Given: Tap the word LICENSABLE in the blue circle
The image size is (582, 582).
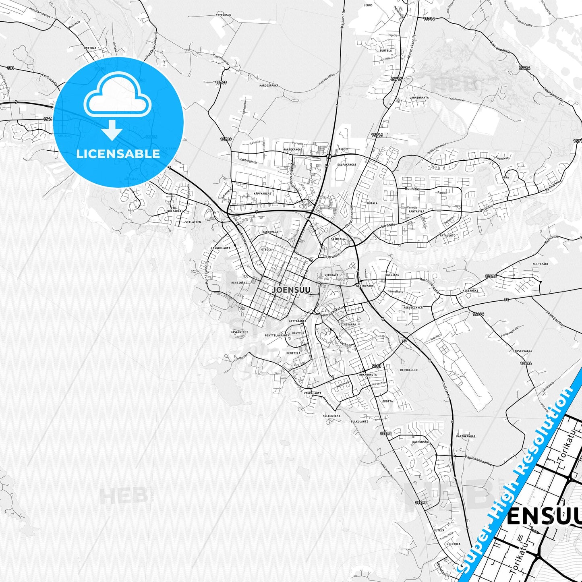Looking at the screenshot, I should (118, 154).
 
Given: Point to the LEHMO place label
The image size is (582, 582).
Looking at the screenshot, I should (368, 5).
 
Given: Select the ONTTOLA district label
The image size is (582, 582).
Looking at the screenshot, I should (90, 48).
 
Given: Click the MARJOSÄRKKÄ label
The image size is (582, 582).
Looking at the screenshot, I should (269, 85).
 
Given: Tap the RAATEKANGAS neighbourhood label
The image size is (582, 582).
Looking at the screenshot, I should (293, 149).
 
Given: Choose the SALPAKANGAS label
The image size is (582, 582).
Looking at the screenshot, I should (347, 165).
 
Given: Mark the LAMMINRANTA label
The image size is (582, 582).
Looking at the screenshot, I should (419, 97).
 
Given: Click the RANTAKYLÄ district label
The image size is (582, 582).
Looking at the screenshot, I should (416, 211).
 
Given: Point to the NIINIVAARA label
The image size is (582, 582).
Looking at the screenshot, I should (347, 324).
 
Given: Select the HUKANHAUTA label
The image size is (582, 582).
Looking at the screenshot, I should (368, 375).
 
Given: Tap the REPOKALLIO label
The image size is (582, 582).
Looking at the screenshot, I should (409, 370).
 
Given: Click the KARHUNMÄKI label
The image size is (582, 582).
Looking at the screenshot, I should (421, 442).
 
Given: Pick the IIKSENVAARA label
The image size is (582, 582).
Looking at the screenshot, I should (522, 351).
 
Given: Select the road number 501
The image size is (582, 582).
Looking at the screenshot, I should (10, 68).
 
